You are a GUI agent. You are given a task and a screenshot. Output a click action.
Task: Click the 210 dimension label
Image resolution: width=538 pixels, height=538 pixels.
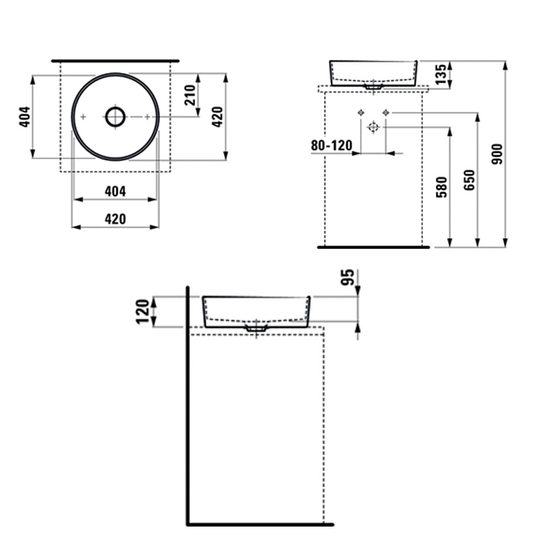coord(190,95)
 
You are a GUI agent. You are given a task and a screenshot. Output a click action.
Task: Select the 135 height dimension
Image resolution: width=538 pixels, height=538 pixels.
coord(440,74)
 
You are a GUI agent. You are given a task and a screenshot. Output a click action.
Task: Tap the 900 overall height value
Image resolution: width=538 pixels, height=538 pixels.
coord(497,154)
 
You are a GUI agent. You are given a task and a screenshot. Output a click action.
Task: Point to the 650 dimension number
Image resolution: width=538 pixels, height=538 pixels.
coord(469,180)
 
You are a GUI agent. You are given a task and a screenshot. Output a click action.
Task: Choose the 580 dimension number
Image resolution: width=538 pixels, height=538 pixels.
coord(442,187)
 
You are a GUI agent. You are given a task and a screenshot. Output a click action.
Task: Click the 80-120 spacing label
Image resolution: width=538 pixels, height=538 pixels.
coord(332,145)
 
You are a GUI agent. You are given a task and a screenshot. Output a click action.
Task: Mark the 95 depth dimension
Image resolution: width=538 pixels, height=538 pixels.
coord(347,277)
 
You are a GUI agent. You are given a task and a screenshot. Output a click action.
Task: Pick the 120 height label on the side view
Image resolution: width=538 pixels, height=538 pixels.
coord(143,311)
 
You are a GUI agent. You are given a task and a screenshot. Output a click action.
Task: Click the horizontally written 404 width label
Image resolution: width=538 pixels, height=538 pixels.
coord(115,192)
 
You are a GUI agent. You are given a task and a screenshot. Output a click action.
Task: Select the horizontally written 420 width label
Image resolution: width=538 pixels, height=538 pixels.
coord(115,219)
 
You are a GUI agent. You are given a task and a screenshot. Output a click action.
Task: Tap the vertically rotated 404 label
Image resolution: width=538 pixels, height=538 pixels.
coord(25,116)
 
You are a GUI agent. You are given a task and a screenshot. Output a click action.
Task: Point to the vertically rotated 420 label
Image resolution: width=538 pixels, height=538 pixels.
coord(217,116)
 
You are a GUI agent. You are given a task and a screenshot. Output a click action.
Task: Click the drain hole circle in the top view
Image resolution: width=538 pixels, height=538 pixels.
coord(115,116)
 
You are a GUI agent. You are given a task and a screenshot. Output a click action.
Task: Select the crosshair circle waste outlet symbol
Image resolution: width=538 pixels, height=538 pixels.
coord(373,127)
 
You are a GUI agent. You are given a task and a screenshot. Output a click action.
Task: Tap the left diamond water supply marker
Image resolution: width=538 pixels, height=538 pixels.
coord(360,112)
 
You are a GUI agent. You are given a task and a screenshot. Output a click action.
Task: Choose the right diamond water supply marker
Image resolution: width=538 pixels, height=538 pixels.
coord(386,112)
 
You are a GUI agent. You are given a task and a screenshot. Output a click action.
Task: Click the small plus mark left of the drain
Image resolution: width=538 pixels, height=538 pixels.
coord(83,117)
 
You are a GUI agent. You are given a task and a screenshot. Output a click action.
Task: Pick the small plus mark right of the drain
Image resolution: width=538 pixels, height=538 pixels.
coord(147,117)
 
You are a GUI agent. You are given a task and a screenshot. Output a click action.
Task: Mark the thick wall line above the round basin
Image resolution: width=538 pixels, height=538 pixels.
coord(115,61)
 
